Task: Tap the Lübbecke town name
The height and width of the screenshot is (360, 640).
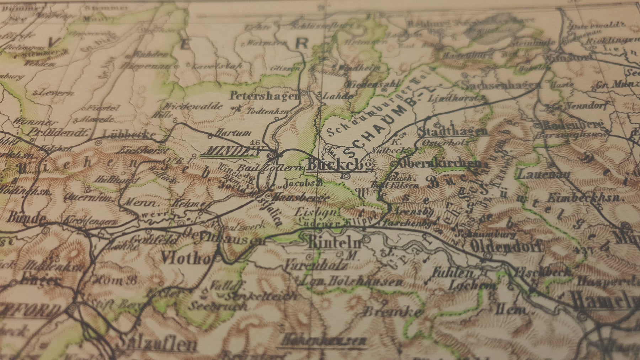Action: (129, 134)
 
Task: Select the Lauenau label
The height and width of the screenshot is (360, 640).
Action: (544, 174)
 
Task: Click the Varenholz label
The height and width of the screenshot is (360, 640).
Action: (315, 265)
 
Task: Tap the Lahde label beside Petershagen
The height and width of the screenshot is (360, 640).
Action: (337, 96)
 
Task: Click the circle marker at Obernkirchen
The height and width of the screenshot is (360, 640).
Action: (394, 164)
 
